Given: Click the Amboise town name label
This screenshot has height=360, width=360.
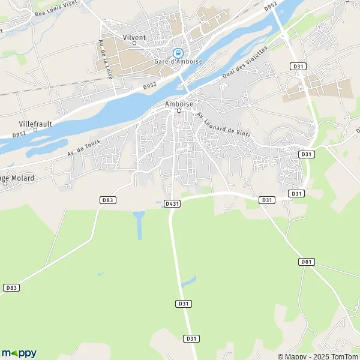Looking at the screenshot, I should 178,103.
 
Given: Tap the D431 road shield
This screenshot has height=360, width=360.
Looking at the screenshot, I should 172,204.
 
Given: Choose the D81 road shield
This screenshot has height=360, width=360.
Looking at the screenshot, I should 307,262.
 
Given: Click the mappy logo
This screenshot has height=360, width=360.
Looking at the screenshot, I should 19,353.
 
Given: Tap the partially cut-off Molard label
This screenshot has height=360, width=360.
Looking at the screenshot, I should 17,178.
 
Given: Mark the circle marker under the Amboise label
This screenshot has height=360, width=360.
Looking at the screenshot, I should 178,110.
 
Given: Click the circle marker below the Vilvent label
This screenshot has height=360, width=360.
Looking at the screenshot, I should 134,43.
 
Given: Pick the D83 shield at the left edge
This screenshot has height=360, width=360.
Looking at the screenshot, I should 11,288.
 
